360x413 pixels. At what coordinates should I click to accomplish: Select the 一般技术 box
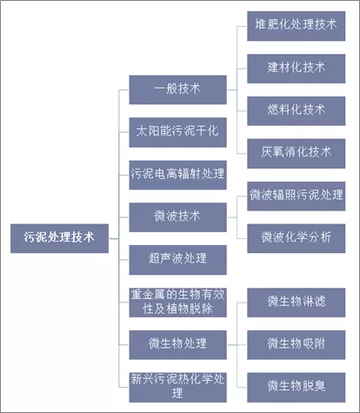[177, 89]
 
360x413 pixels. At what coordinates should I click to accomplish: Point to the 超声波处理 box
[177, 258]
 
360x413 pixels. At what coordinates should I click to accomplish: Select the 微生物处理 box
[177, 342]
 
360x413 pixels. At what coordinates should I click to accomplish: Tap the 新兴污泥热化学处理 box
[177, 384]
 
